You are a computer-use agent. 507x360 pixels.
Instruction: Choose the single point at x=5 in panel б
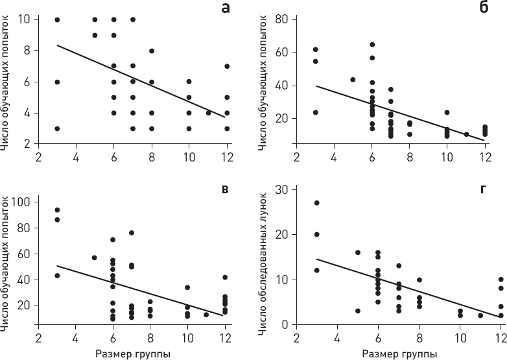coord(353,80)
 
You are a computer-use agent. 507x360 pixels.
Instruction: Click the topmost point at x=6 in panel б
coord(372,45)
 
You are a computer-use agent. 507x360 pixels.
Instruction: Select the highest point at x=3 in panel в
coord(57,210)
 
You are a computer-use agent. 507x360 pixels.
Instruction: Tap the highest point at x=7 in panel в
coord(132,233)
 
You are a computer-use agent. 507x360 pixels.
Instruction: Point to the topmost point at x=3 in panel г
coord(316,203)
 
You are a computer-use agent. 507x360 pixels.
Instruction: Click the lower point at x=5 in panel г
coord(357,311)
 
